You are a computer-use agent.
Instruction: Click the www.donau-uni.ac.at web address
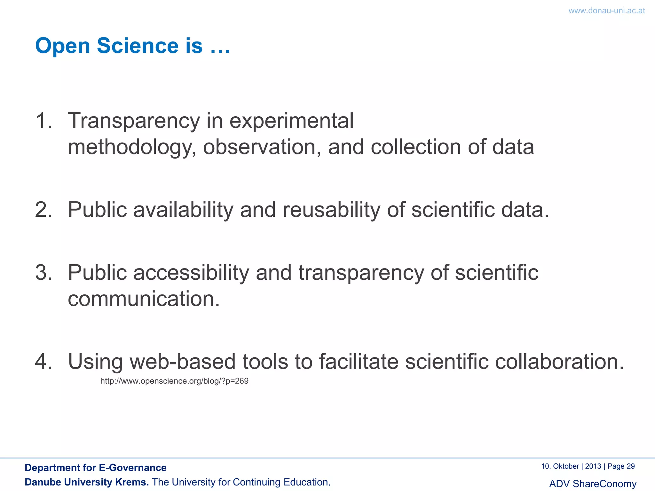[x=606, y=11]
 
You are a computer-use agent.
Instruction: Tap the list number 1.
[x=43, y=121]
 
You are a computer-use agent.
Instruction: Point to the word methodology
[x=131, y=148]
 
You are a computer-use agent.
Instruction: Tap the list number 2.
[x=43, y=210]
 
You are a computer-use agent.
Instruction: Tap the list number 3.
[x=43, y=273]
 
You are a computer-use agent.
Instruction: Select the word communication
[x=144, y=299]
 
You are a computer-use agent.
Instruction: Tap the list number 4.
[x=43, y=362]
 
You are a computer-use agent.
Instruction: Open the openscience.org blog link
[x=174, y=381]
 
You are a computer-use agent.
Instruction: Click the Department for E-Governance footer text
[x=96, y=468]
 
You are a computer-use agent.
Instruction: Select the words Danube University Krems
[x=87, y=482]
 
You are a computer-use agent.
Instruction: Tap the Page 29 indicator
[x=621, y=466]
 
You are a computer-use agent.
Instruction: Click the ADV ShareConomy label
[x=593, y=484]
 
